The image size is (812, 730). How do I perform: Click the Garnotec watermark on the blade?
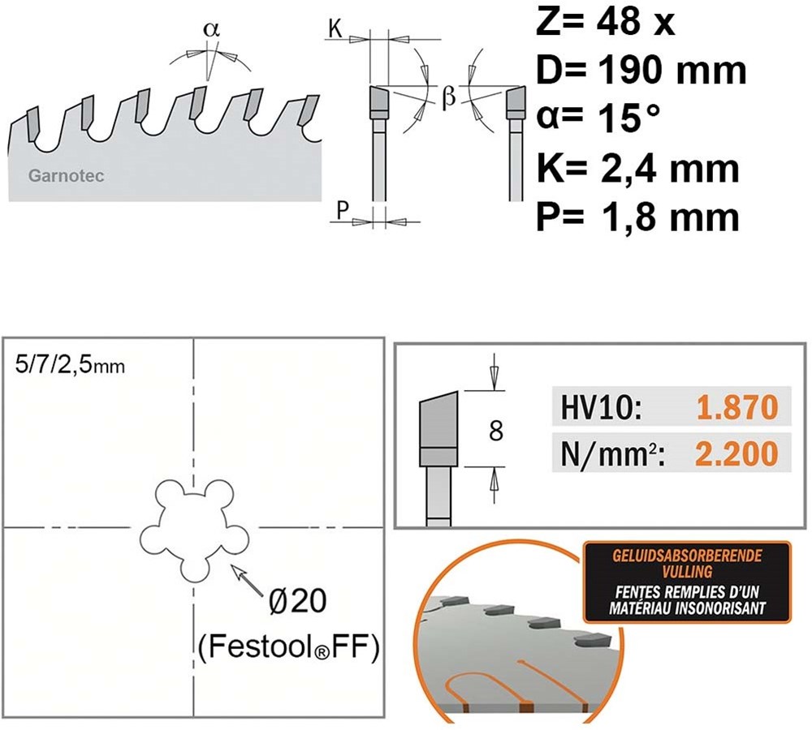pyautogui.click(x=67, y=176)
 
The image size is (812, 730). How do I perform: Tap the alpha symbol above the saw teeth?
pyautogui.click(x=211, y=29)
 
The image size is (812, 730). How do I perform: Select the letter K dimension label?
pyautogui.click(x=335, y=29)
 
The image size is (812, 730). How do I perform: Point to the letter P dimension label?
pyautogui.click(x=342, y=211)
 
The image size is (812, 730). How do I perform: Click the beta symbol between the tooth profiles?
pyautogui.click(x=449, y=97)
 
